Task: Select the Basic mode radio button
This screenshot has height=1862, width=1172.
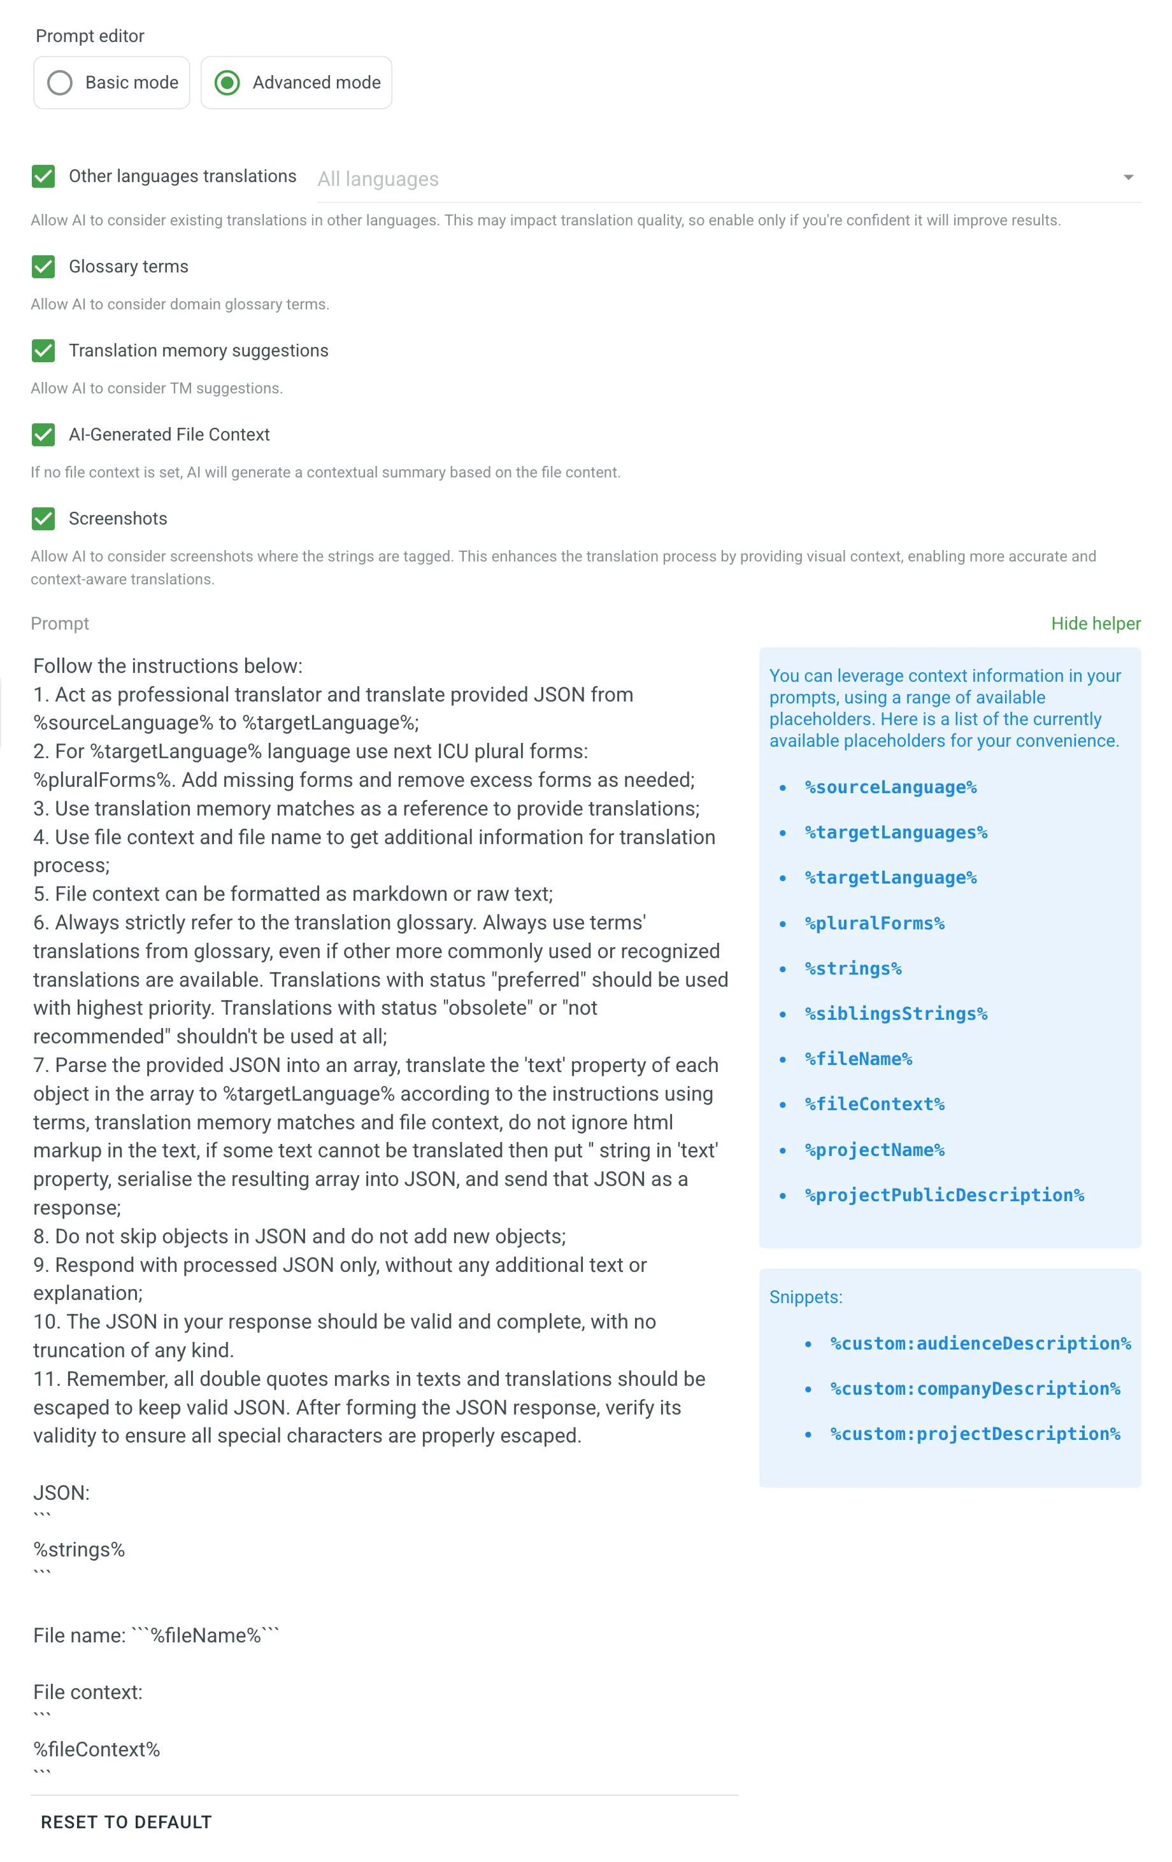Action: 60,83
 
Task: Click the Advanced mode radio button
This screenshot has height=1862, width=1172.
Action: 227,83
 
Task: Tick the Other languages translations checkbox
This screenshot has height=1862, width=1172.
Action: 43,176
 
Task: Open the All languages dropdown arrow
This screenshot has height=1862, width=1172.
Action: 1128,178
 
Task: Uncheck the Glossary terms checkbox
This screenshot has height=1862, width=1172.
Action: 43,267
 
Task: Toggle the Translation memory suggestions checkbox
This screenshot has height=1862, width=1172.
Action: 43,350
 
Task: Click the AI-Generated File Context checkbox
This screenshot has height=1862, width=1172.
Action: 43,435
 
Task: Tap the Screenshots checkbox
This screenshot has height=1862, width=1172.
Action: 43,519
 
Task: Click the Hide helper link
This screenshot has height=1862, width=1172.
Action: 1095,623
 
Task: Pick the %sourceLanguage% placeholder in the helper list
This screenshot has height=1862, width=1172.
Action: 890,787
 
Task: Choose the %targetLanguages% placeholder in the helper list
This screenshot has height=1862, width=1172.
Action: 896,833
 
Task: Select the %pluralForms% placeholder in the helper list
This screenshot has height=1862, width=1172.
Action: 874,923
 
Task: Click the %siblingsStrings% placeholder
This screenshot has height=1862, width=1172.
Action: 896,1013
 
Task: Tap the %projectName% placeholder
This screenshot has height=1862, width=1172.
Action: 874,1150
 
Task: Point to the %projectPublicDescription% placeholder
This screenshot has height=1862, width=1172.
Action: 944,1195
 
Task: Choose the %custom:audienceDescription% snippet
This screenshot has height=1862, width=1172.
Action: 980,1344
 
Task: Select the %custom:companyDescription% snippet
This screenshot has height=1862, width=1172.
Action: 975,1389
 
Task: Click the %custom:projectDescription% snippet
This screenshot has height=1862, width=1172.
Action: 975,1434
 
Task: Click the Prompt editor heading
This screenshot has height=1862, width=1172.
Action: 90,36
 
